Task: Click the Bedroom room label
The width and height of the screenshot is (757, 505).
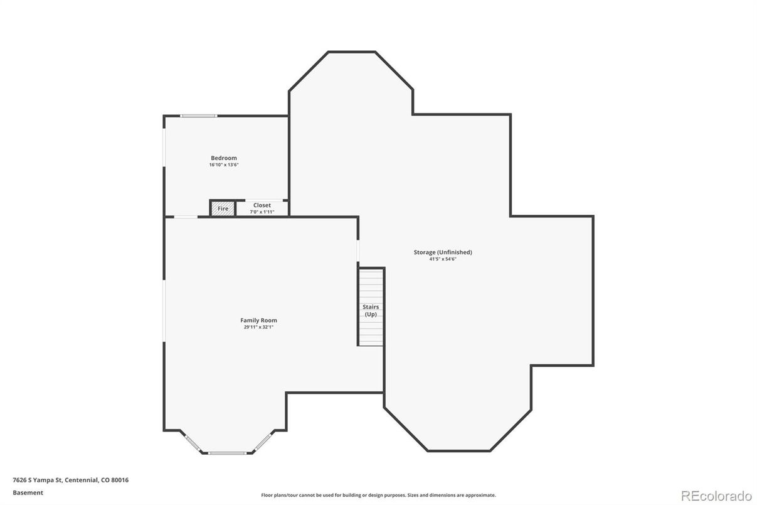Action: (x=224, y=158)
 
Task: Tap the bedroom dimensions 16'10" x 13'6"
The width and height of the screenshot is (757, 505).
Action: (x=224, y=165)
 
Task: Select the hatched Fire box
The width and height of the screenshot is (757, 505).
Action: (x=223, y=209)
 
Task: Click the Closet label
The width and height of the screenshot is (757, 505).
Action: (x=262, y=205)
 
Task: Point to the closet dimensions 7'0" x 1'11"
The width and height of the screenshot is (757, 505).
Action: (x=262, y=212)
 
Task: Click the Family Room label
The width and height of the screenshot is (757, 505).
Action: (x=258, y=320)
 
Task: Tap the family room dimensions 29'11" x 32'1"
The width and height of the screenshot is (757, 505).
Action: (x=258, y=327)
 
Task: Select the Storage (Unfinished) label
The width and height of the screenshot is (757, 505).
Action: (x=443, y=252)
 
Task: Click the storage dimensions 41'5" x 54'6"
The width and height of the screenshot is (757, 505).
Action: (x=443, y=259)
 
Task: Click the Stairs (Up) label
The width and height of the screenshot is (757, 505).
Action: (x=371, y=310)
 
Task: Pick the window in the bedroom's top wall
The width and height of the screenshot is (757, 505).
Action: (x=198, y=116)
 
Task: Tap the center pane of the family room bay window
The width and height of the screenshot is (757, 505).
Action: (x=227, y=453)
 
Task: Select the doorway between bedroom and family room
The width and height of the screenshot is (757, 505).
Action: (x=186, y=217)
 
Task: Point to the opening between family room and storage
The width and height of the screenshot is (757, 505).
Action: (x=358, y=251)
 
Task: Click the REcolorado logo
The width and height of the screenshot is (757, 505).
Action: (x=716, y=496)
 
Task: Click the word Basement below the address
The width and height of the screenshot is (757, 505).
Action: (x=28, y=493)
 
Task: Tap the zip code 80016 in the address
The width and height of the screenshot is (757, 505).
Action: (x=120, y=480)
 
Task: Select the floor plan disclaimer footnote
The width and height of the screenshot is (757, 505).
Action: (x=379, y=495)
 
